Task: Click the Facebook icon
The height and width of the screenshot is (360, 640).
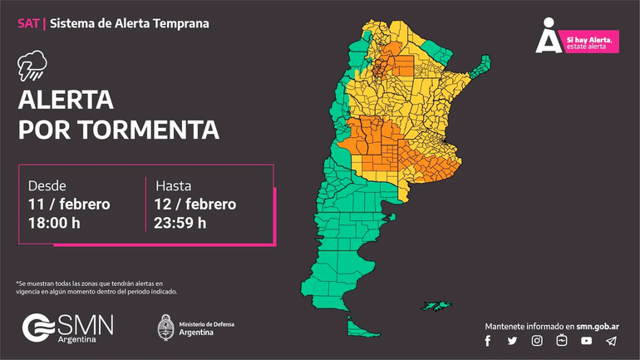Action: click(x=488, y=341)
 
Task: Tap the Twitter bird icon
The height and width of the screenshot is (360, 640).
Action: click(x=512, y=341)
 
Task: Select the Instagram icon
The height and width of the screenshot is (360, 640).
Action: click(x=537, y=341)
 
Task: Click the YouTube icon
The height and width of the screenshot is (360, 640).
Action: click(x=587, y=341)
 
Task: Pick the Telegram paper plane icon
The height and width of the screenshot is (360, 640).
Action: click(x=612, y=341)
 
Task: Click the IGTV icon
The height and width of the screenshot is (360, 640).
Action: click(x=562, y=341)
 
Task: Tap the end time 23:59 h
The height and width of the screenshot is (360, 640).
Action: click(x=180, y=222)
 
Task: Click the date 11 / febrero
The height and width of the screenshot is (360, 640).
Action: click(x=69, y=204)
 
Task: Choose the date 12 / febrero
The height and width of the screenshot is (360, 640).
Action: click(x=194, y=204)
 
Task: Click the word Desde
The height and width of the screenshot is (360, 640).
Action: click(x=47, y=185)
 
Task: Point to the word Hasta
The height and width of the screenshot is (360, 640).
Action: click(x=173, y=185)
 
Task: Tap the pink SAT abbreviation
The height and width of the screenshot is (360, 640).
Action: click(x=27, y=22)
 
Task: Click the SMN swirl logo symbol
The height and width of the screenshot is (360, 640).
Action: click(x=38, y=327)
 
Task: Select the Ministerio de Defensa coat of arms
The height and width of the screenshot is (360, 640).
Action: click(x=165, y=327)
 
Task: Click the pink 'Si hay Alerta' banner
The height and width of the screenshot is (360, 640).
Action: click(x=591, y=42)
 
